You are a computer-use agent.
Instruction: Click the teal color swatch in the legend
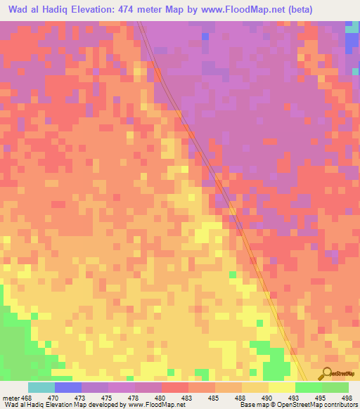41,387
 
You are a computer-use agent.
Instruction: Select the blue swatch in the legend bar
68,387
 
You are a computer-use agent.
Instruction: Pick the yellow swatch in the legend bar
281,387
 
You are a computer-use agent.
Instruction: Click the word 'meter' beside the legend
10,398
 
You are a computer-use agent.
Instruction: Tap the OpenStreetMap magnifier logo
326,374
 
